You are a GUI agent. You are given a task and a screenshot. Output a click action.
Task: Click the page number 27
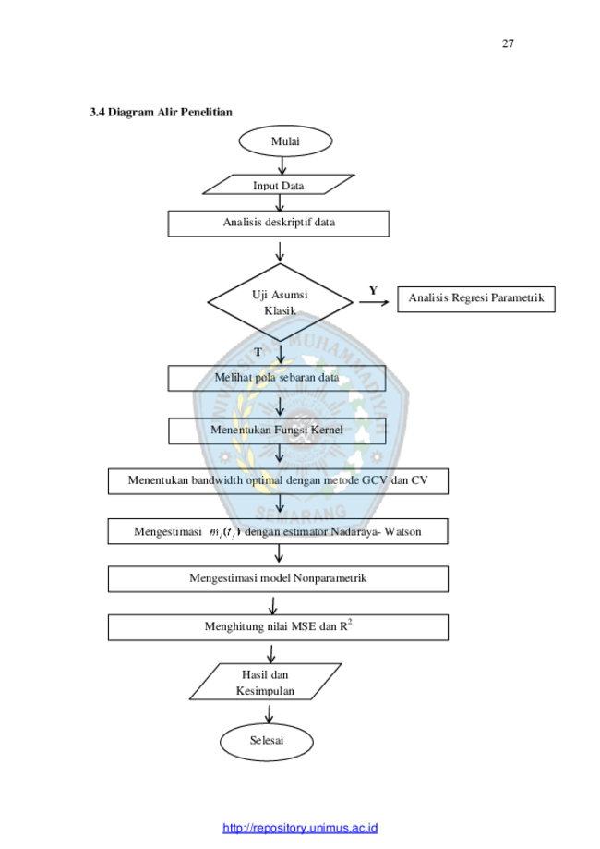click(x=508, y=43)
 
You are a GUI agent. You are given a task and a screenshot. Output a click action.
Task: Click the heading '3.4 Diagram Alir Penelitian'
click(x=161, y=112)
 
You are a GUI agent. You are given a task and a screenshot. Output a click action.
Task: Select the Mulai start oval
click(x=285, y=141)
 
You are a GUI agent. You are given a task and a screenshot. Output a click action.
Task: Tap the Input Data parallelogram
click(x=279, y=185)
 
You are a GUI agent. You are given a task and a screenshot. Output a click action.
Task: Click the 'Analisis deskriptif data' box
click(x=278, y=224)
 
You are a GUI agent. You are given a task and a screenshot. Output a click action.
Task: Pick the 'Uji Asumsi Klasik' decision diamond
click(x=280, y=302)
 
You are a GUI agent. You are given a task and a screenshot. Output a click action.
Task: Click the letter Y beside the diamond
click(x=373, y=291)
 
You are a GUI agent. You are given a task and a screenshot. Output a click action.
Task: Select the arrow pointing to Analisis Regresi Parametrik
click(x=374, y=302)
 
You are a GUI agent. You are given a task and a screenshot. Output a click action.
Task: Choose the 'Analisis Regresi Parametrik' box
click(x=476, y=299)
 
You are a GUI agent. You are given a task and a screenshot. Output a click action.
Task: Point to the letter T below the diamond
click(x=258, y=353)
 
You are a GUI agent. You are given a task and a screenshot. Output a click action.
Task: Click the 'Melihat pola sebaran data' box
click(x=277, y=378)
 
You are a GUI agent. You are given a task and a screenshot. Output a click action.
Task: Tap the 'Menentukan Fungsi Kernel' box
click(x=277, y=431)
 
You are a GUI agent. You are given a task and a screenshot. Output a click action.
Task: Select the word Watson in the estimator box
click(x=402, y=532)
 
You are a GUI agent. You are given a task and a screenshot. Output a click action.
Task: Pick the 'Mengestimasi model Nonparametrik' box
click(x=278, y=579)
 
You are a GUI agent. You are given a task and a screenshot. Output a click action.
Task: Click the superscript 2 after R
click(x=350, y=622)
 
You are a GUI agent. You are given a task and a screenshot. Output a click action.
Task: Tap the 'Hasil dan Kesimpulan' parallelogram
click(x=265, y=682)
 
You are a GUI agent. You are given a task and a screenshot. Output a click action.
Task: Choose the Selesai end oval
click(x=266, y=741)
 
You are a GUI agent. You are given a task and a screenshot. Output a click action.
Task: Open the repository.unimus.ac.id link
click(x=300, y=828)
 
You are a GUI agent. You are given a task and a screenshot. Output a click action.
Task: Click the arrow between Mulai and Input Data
click(x=282, y=165)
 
